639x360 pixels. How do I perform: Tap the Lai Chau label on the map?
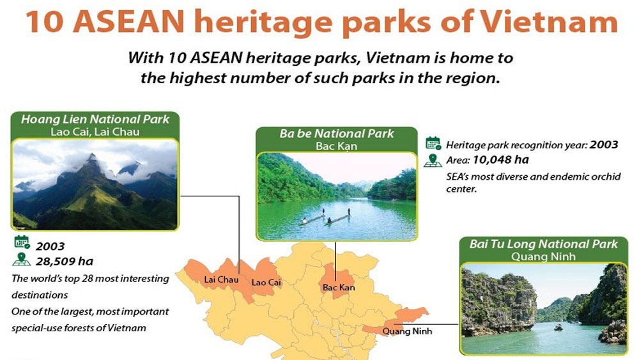(x=221, y=279)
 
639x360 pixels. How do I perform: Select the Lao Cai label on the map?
(x=266, y=282)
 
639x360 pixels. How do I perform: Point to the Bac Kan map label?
(x=339, y=288)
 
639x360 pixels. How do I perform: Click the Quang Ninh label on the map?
(x=407, y=331)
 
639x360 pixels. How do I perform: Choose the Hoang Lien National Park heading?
(x=95, y=119)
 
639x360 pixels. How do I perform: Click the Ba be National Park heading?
(x=337, y=133)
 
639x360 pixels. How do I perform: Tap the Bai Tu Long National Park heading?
(x=544, y=244)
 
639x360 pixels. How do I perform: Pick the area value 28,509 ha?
(x=65, y=262)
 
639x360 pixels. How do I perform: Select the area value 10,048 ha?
(x=500, y=159)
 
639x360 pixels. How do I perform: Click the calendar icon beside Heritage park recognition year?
(x=433, y=143)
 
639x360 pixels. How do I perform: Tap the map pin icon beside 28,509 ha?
(x=22, y=260)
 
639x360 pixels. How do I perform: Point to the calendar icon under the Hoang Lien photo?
(x=22, y=242)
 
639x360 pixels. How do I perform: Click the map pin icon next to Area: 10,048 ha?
(x=433, y=160)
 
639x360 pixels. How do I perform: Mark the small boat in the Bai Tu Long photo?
(x=558, y=327)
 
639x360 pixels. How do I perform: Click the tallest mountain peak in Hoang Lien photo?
(x=93, y=155)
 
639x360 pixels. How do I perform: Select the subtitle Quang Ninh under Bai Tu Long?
(x=544, y=256)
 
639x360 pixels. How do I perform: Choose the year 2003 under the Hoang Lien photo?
(x=50, y=246)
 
